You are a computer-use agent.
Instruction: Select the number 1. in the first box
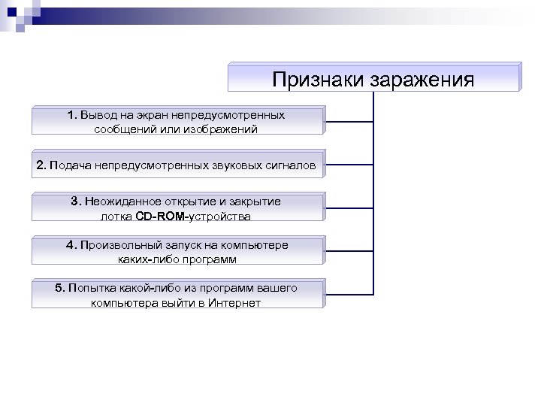pos(71,115)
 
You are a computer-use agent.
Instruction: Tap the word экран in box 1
pos(151,115)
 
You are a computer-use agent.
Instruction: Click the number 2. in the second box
pos(41,165)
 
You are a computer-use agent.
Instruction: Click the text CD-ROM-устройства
pos(193,217)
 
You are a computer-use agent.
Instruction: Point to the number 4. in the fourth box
pos(71,245)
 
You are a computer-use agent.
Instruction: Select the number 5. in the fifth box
pos(60,288)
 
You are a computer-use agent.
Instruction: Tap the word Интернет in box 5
pos(236,303)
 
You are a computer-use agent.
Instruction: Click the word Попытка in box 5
pos(91,288)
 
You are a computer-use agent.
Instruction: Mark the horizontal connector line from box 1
pos(349,121)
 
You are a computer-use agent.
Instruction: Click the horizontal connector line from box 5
pos(349,292)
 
